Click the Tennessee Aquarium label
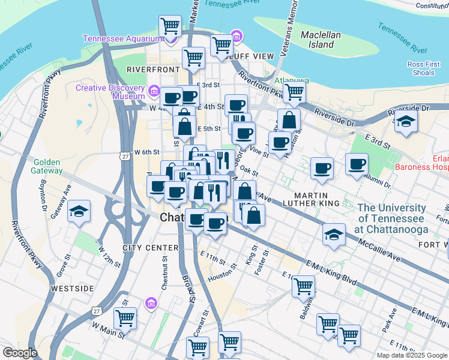point(122,38)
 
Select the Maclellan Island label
point(321,40)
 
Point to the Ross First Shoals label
point(424,68)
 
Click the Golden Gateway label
point(48,166)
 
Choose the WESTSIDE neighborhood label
point(72,289)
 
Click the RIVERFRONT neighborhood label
point(153,70)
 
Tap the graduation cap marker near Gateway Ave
point(79,212)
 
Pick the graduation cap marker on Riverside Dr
point(406,122)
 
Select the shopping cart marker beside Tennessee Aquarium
point(170,27)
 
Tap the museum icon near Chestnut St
point(151,304)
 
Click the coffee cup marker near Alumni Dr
point(357,164)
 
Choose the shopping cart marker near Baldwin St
point(304,286)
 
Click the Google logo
point(20,353)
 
